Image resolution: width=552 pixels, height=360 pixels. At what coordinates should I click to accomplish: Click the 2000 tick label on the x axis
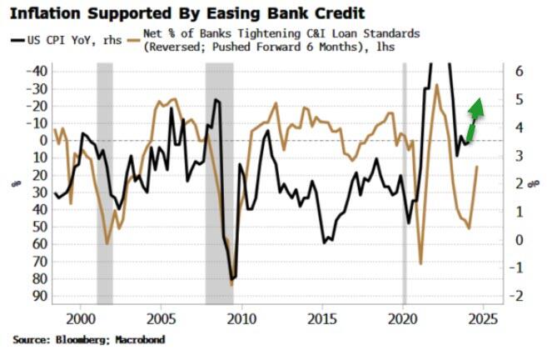pos(81,318)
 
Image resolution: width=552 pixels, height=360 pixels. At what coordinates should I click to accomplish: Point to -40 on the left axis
pos(37,72)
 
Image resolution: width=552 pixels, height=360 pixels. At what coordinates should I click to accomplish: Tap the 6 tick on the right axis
pos(518,72)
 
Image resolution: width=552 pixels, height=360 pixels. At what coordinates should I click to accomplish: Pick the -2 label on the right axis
pos(516,296)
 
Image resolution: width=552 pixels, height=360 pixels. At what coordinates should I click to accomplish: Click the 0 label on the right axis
pos(518,240)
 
